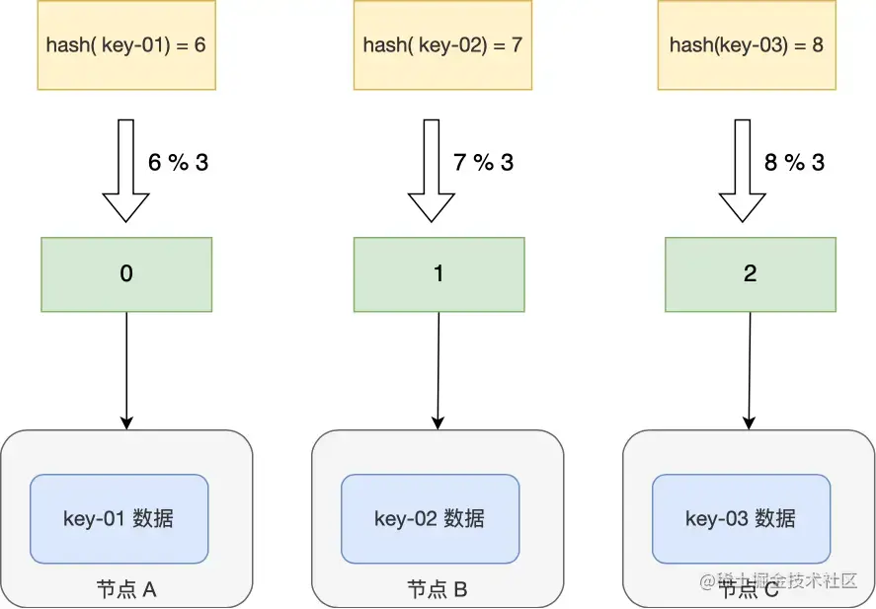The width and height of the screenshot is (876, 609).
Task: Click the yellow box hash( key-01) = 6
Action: coord(125,44)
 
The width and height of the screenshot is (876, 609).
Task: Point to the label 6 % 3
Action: coord(178,163)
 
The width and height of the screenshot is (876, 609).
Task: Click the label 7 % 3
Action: coord(483,163)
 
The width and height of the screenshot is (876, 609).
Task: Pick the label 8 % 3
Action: coord(794,163)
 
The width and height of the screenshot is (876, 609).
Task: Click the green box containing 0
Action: coord(125,274)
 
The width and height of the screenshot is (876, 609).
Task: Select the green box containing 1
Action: coord(438,274)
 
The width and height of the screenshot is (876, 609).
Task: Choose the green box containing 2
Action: coord(750,274)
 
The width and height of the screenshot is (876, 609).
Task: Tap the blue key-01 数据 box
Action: coord(119,519)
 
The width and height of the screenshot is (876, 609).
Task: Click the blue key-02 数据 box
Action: coord(430,519)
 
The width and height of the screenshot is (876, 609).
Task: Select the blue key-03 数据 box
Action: coord(741,519)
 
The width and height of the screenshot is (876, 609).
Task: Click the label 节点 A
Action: coord(126,590)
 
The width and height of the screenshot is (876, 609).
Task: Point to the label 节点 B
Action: coord(438,590)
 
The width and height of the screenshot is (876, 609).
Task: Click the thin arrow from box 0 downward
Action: coord(125,370)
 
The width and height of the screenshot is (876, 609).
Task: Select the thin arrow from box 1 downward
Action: coord(438,370)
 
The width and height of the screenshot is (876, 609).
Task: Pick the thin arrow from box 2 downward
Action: coord(750,370)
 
